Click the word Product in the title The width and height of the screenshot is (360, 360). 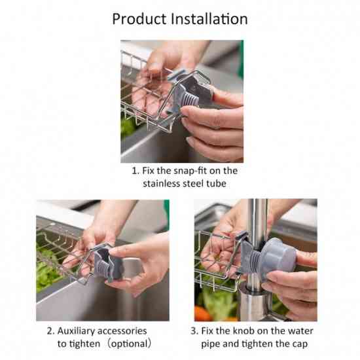(139, 19)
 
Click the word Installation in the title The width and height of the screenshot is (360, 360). (209, 18)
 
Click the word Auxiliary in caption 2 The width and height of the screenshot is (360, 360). (76, 331)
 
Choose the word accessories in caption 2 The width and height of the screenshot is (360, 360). (122, 331)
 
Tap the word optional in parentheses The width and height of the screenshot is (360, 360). (129, 344)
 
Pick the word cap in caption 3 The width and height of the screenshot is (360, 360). (300, 344)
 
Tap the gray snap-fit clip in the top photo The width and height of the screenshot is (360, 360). (189, 92)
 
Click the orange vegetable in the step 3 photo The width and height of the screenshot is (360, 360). (203, 314)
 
